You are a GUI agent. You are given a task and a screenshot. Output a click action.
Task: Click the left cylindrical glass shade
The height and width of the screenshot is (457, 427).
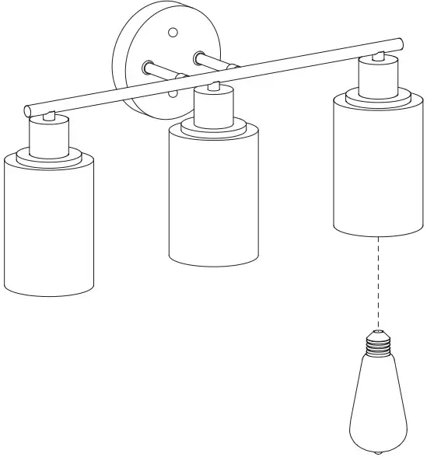click(49, 225)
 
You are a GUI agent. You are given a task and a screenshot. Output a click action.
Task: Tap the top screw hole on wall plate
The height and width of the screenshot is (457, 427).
click(173, 32)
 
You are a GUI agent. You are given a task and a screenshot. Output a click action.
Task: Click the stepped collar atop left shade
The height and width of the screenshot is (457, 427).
click(49, 155)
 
